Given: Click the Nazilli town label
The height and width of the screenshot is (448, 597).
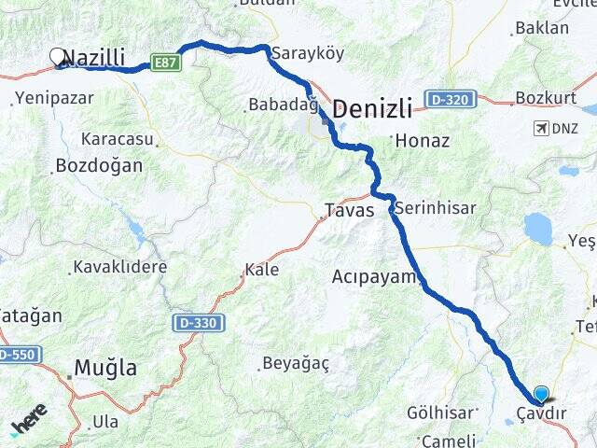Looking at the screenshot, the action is (96, 58).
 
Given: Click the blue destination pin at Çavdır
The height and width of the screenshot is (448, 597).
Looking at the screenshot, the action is (541, 395).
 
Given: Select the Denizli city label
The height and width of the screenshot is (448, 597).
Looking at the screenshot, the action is (372, 109).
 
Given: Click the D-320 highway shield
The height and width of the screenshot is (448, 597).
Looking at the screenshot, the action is (451, 98).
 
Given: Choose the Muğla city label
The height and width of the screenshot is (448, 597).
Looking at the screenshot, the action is (104, 367).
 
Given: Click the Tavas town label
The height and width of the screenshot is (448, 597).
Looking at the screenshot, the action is (349, 210).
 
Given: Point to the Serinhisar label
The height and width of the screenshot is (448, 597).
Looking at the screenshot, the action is (435, 208).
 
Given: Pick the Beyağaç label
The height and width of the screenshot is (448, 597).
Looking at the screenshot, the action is (295, 363).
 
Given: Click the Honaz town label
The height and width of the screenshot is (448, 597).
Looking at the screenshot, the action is (423, 141).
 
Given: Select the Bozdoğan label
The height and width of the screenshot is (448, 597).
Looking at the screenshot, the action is (99, 166).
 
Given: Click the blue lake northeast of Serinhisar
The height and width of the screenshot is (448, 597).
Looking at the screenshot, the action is (537, 228).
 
